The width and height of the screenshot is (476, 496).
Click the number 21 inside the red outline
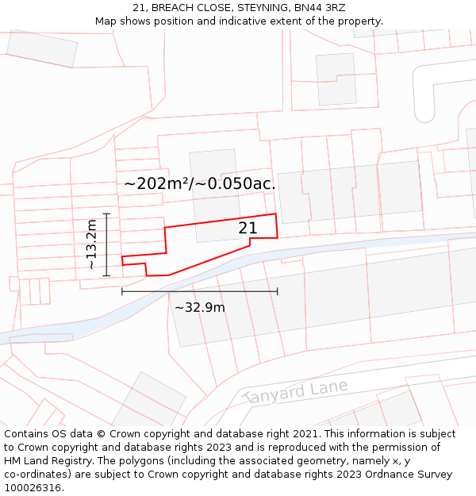pos(248,229)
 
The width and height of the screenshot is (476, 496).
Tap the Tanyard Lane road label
pos(295,390)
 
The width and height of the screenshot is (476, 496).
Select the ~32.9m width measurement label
pos(200,307)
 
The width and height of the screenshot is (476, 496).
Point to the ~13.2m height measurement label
pos(92,244)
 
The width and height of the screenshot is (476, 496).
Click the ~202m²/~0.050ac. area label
pos(200,183)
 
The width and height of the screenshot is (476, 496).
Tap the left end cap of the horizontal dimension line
pos(122,291)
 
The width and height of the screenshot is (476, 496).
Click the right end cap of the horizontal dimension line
pos(278,291)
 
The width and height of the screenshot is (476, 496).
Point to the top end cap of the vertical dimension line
pos(106,213)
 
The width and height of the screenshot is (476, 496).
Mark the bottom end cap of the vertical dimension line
pos(106,275)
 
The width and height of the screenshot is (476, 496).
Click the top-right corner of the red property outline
pos(276,213)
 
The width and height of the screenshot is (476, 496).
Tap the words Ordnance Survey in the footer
pos(409,475)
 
